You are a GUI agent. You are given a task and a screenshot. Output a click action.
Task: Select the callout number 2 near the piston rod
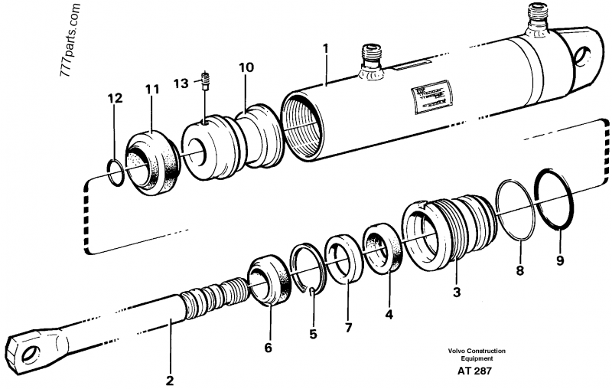tap(170, 379)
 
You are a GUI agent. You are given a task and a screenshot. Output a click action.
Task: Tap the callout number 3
tap(457, 292)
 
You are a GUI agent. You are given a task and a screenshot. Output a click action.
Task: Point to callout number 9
tap(559, 261)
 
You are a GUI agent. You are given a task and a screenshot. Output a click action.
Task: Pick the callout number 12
tap(114, 98)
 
